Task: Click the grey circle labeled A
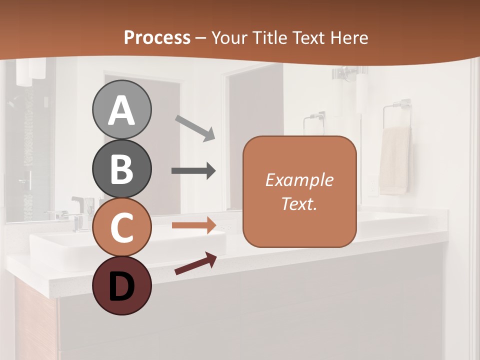pyautogui.click(x=121, y=110)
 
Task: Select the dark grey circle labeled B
pyautogui.click(x=121, y=169)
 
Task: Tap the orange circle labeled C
pyautogui.click(x=121, y=227)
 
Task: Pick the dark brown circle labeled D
pyautogui.click(x=121, y=286)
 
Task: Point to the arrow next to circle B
pyautogui.click(x=193, y=171)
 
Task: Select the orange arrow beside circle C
pyautogui.click(x=193, y=225)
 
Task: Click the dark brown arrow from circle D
pyautogui.click(x=195, y=263)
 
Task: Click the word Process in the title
pyautogui.click(x=157, y=37)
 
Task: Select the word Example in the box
pyautogui.click(x=299, y=180)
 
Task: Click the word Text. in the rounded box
pyautogui.click(x=299, y=203)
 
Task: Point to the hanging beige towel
pyautogui.click(x=395, y=160)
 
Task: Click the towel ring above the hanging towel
pyautogui.click(x=397, y=112)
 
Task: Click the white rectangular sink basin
pyautogui.click(x=75, y=247)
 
